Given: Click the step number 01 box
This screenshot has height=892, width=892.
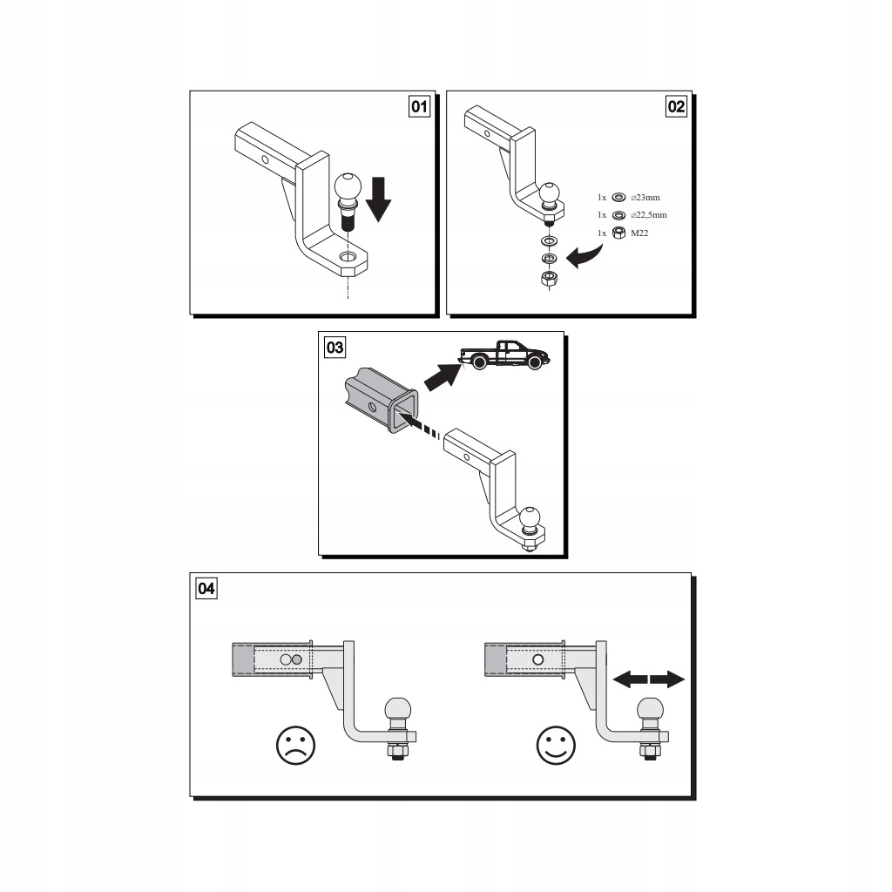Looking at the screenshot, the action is [x=419, y=106].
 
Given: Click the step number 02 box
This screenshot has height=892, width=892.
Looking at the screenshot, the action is [x=676, y=106].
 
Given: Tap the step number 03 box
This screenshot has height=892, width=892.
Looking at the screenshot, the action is [x=334, y=347].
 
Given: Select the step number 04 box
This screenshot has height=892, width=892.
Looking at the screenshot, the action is [x=206, y=588].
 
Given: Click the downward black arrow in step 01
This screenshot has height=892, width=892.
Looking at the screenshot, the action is [x=378, y=199].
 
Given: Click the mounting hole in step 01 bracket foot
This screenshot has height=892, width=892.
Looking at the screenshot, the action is [x=348, y=257].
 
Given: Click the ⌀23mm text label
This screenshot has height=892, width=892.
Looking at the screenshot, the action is [x=645, y=198].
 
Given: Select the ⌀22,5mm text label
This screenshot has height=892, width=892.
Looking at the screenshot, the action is [x=648, y=215].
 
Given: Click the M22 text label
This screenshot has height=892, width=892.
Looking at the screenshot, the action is [x=639, y=233].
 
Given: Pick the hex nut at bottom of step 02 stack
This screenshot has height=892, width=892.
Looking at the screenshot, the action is [x=549, y=278].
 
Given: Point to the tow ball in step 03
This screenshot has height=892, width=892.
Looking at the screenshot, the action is [x=530, y=520].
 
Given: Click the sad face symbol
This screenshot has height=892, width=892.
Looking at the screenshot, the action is [x=295, y=746].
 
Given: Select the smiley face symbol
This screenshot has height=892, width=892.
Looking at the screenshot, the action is [x=556, y=746].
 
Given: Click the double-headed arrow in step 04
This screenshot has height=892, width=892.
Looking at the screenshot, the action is [x=648, y=679].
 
